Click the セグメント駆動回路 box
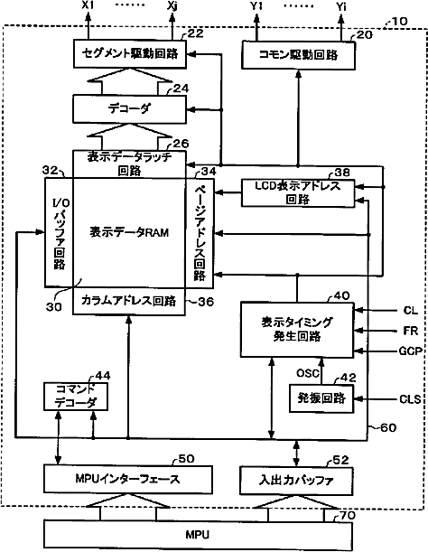tap(129, 53)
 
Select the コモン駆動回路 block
tap(298, 55)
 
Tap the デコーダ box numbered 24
tap(129, 108)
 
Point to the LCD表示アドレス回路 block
tap(298, 192)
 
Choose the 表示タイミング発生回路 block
tap(297, 330)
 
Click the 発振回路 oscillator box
tap(321, 398)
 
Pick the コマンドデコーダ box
tap(76, 396)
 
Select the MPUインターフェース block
tap(128, 479)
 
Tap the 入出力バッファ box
tap(296, 481)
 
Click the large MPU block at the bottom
tap(198, 535)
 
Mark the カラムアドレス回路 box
tap(129, 301)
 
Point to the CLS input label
tap(410, 399)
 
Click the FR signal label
tap(411, 331)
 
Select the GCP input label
tap(411, 351)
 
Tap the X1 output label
tap(88, 6)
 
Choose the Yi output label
tap(340, 6)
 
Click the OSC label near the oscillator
tap(308, 373)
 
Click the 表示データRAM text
tap(129, 232)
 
